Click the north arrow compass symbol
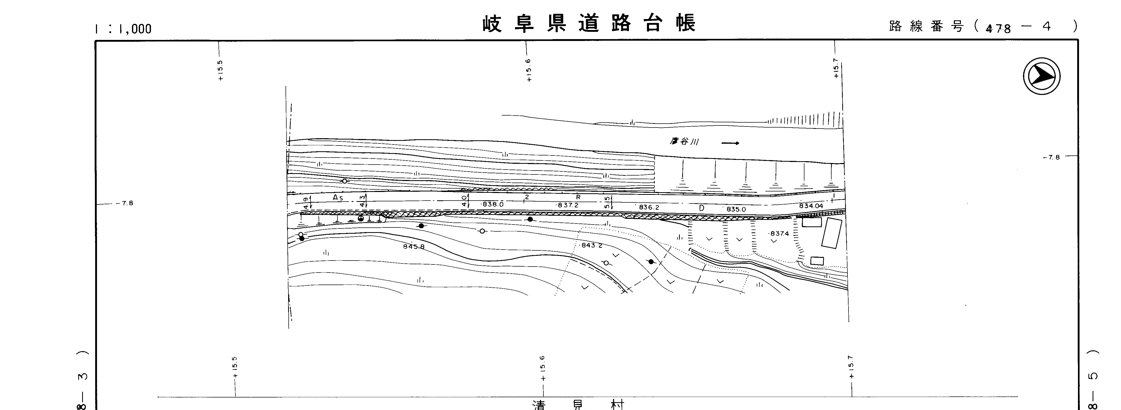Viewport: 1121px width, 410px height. point(1041,76)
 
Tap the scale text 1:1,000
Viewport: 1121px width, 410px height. point(123,29)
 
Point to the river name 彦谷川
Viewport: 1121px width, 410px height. point(684,141)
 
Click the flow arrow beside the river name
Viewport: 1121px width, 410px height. point(730,143)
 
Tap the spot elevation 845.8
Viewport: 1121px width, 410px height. point(413,246)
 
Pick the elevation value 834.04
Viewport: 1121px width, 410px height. point(811,206)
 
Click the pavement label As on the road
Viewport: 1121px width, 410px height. point(338,198)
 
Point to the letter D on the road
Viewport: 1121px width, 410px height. point(701,208)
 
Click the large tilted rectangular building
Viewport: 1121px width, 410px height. point(831,233)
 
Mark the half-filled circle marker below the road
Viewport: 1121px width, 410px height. point(361,219)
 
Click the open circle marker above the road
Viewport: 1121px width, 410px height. point(344,181)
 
